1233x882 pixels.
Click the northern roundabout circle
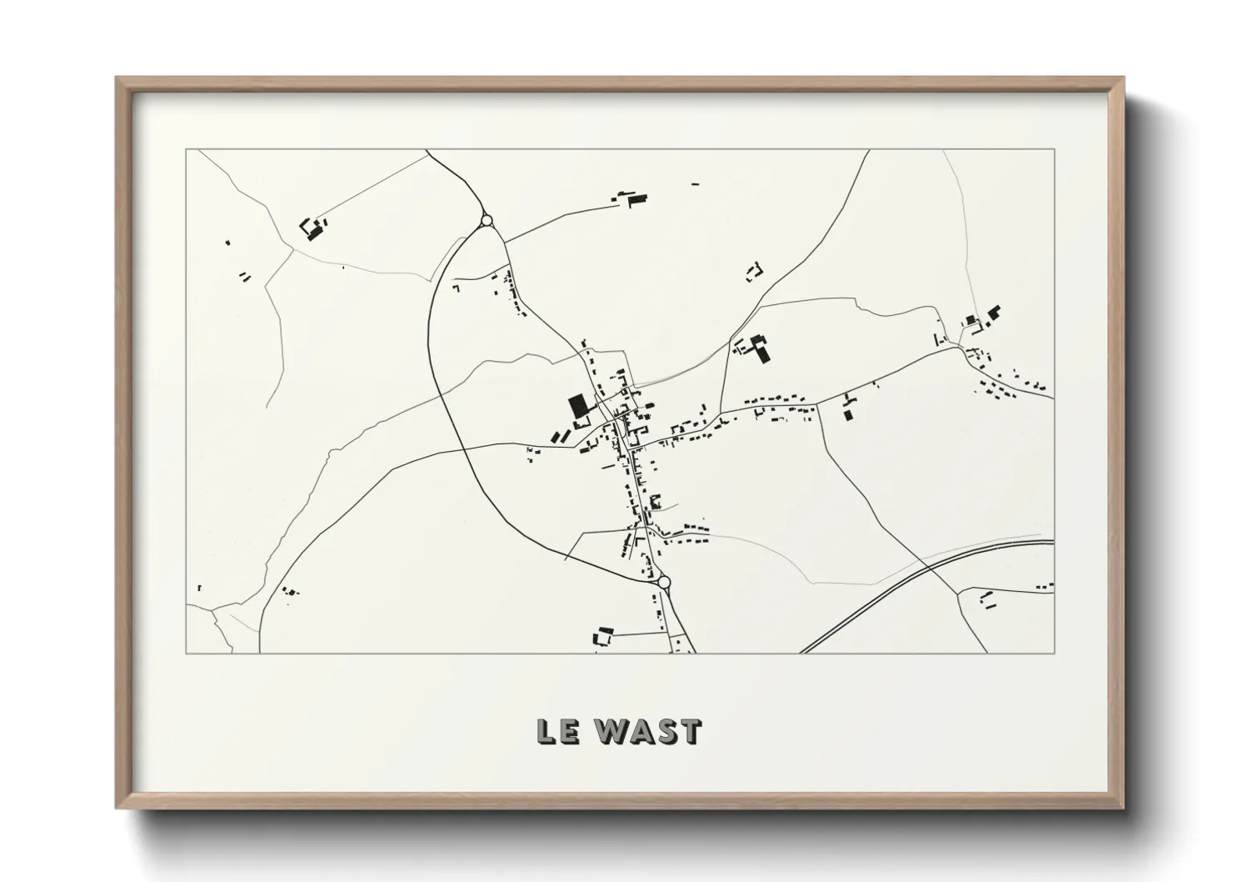pyautogui.click(x=487, y=221)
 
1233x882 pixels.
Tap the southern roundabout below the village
pyautogui.click(x=664, y=583)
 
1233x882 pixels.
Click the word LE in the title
pyautogui.click(x=555, y=731)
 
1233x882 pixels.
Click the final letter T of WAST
pyautogui.click(x=691, y=731)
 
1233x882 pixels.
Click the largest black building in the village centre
pyautogui.click(x=577, y=407)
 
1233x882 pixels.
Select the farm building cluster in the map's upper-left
pyautogui.click(x=313, y=228)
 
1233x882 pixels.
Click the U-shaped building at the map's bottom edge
pyautogui.click(x=602, y=637)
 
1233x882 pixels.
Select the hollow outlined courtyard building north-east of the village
pyautogui.click(x=756, y=270)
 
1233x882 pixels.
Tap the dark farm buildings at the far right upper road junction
pyautogui.click(x=983, y=318)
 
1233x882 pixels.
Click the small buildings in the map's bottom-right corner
pyautogui.click(x=987, y=599)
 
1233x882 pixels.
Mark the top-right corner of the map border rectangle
pyautogui.click(x=1054, y=150)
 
